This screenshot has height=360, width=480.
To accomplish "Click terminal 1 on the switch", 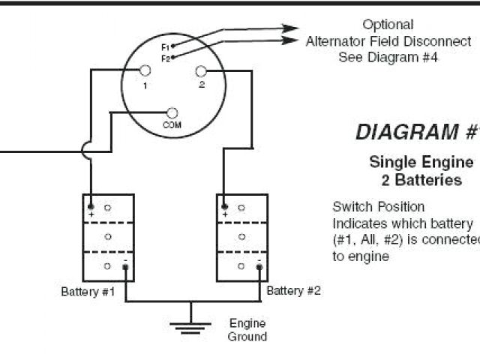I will (145, 71).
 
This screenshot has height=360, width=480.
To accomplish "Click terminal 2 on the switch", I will (201, 71).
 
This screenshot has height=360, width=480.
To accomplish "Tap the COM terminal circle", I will (172, 112).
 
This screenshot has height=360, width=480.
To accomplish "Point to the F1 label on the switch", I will (164, 46).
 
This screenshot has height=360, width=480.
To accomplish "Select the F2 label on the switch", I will (164, 57).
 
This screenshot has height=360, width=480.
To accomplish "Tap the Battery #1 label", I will (88, 291).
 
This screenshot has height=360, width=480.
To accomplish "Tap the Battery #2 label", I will (294, 290).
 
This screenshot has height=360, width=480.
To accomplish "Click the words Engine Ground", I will (247, 330).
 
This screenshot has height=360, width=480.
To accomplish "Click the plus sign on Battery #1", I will (91, 214).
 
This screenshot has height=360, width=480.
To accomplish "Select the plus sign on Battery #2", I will (225, 214).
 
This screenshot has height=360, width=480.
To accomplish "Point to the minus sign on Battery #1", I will (125, 259).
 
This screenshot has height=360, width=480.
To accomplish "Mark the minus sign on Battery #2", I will (259, 259).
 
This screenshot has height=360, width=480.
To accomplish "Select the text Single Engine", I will (421, 162).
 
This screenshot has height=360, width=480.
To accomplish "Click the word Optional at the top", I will (388, 25).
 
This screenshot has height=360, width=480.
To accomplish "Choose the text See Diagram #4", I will (388, 55).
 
